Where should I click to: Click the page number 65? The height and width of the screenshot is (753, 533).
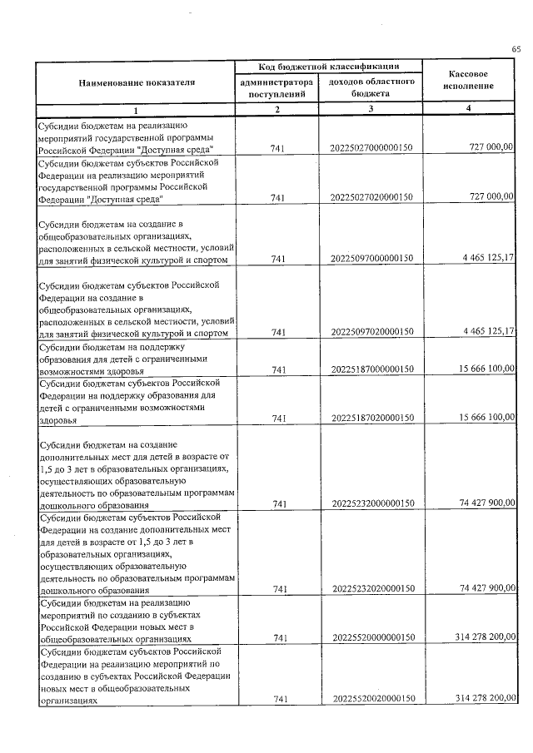point(516,50)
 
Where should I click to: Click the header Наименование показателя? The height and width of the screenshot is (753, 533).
point(137,83)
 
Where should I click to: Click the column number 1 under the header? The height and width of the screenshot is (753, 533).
point(137,110)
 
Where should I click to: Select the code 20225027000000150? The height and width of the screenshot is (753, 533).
point(371,148)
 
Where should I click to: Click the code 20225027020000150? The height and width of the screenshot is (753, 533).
point(371,197)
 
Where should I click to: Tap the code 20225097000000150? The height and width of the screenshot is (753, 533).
point(371,260)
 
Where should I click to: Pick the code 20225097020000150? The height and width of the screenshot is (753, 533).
point(371,332)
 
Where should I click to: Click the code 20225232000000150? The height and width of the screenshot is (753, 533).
point(371,503)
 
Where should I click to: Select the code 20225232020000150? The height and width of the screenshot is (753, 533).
point(371,589)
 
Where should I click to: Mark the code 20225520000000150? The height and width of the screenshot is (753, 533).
point(371,637)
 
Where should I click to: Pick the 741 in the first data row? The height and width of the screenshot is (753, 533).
point(278,148)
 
